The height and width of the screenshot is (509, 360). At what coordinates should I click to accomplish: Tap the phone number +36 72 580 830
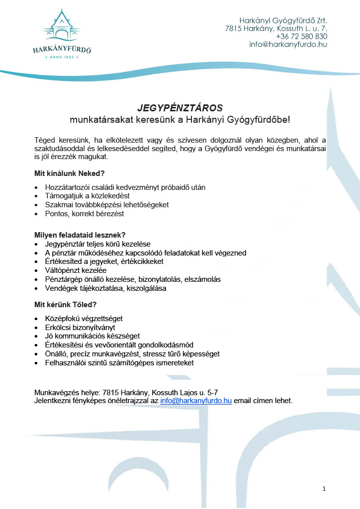click(x=301, y=36)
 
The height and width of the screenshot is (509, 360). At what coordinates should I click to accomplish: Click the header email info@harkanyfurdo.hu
click(x=288, y=44)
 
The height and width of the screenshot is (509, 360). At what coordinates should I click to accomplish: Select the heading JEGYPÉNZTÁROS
click(x=180, y=108)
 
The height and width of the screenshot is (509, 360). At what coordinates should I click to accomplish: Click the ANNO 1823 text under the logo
click(x=62, y=57)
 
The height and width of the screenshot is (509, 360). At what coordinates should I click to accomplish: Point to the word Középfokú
click(x=61, y=318)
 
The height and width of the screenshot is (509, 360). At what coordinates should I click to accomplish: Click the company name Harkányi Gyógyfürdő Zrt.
click(x=283, y=21)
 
